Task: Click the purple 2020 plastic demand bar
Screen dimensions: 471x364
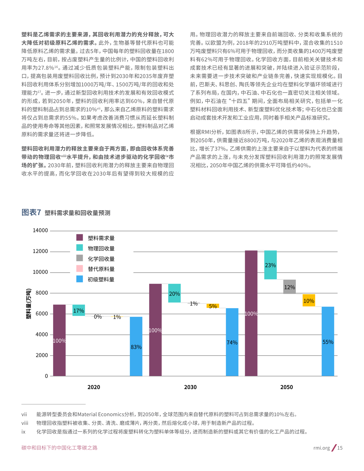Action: point(59,340)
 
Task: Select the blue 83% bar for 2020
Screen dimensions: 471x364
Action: point(136,346)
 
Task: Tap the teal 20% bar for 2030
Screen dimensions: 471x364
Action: point(175,293)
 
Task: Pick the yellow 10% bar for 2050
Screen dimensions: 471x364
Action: point(309,300)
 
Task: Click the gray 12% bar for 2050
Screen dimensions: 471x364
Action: point(289,287)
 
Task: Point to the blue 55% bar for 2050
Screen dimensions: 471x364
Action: point(328,341)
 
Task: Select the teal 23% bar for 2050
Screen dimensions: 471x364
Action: point(270,265)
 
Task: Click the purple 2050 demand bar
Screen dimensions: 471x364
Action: point(251,313)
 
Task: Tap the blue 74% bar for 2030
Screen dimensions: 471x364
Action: point(232,342)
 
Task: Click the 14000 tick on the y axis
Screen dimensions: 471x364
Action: point(40,230)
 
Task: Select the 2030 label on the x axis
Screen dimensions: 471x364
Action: point(190,387)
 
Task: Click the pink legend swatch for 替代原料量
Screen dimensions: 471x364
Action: point(80,269)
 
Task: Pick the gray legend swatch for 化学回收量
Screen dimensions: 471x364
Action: point(80,258)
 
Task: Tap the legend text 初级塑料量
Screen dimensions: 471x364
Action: point(101,280)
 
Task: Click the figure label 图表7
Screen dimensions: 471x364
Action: point(31,213)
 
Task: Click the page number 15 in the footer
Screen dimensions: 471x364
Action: point(340,448)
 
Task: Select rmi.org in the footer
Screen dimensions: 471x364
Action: point(321,448)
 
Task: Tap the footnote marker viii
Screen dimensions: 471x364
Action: point(25,423)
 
